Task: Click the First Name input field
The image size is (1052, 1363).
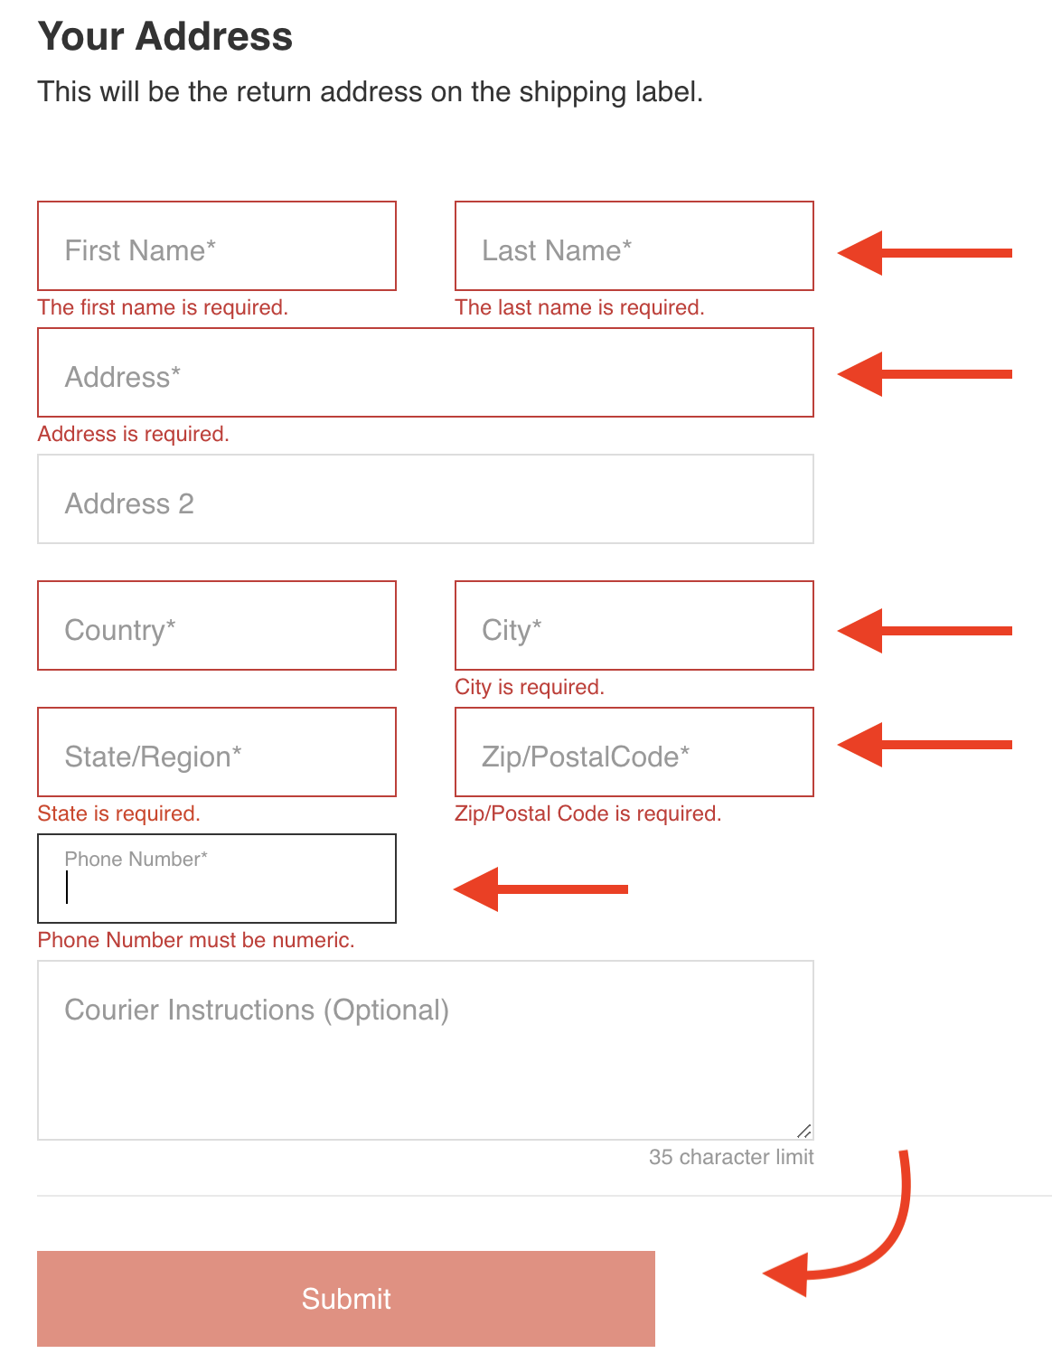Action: pos(217,246)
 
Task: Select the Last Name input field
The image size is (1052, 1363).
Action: pos(634,246)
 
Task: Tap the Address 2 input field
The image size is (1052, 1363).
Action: pos(426,499)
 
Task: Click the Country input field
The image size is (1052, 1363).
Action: pos(217,625)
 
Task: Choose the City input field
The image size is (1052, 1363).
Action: pos(634,625)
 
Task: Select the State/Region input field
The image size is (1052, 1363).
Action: pos(217,752)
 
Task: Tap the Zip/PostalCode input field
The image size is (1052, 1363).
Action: pos(634,752)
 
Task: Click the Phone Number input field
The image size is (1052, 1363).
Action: pos(217,879)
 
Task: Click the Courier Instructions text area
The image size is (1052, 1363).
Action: pos(426,1050)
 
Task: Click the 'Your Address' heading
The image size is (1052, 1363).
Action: pos(164,36)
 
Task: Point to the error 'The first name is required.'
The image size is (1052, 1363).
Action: pos(163,307)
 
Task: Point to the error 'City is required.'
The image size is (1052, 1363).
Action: pos(529,687)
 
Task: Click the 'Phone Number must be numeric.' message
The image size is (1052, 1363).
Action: pos(195,940)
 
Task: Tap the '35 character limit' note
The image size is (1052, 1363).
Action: pos(731,1157)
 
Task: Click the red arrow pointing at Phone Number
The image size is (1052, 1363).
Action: pos(540,888)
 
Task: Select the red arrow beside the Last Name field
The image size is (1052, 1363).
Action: pos(925,253)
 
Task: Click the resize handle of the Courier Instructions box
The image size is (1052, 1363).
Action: pos(803,1131)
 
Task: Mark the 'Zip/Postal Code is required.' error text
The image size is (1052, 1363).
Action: pos(587,813)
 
